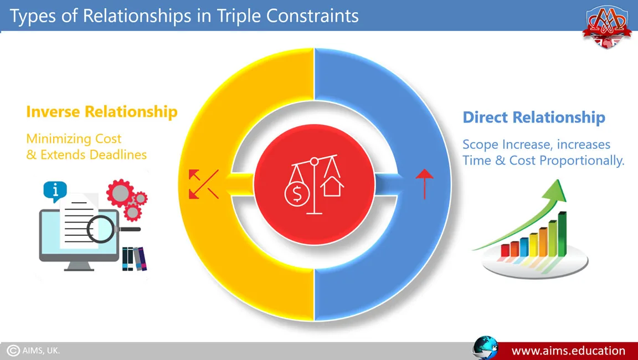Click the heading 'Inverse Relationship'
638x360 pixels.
pyautogui.click(x=102, y=111)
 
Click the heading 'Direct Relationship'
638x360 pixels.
pyautogui.click(x=534, y=117)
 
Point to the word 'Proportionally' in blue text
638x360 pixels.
pyautogui.click(x=582, y=161)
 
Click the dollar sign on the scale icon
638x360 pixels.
pyautogui.click(x=297, y=195)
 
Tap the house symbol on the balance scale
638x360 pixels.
pyautogui.click(x=332, y=187)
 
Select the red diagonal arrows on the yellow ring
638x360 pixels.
pyautogui.click(x=203, y=184)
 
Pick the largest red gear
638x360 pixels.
pyautogui.click(x=120, y=193)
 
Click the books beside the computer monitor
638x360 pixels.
pyautogui.click(x=134, y=259)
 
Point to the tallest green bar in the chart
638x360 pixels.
pyautogui.click(x=562, y=234)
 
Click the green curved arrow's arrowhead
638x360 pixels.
pyautogui.click(x=554, y=189)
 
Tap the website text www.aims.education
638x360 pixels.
pyautogui.click(x=568, y=351)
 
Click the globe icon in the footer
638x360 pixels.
pyautogui.click(x=485, y=348)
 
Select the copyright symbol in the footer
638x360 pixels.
pyautogui.click(x=13, y=351)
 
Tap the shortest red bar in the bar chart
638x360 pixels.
pyautogui.click(x=505, y=250)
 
